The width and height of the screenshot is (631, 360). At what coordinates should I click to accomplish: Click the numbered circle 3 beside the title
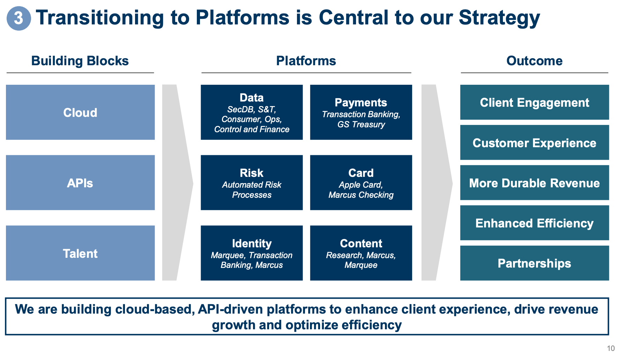(x=18, y=18)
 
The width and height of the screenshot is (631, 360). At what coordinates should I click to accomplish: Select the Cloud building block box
(x=80, y=112)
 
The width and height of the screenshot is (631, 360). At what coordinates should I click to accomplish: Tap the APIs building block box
(x=80, y=182)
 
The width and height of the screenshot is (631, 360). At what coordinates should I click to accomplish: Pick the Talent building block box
(x=80, y=253)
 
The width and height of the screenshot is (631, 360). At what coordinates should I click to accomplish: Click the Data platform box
(x=252, y=112)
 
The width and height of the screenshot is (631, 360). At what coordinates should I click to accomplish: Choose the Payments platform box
(x=361, y=112)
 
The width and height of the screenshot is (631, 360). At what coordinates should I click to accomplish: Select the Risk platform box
(x=252, y=182)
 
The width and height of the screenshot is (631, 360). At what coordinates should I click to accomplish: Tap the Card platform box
(x=361, y=182)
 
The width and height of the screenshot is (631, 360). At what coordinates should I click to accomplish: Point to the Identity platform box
(x=252, y=253)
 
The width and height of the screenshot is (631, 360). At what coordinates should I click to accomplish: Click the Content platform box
(x=361, y=253)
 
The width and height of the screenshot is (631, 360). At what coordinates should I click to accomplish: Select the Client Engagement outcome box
(x=534, y=102)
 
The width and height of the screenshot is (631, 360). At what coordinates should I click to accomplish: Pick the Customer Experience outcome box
(x=534, y=142)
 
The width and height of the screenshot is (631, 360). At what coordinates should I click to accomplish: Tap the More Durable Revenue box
(x=534, y=182)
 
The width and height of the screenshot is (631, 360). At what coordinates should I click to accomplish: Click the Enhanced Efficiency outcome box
(x=534, y=223)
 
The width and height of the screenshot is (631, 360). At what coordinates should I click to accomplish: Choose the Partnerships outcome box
(x=534, y=263)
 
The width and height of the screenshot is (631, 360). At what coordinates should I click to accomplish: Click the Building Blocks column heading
(x=80, y=61)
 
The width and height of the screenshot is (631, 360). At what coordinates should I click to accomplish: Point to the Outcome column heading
(x=534, y=61)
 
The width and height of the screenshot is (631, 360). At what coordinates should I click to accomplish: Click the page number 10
(x=611, y=348)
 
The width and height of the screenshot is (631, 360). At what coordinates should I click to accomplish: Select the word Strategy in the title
(x=499, y=18)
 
